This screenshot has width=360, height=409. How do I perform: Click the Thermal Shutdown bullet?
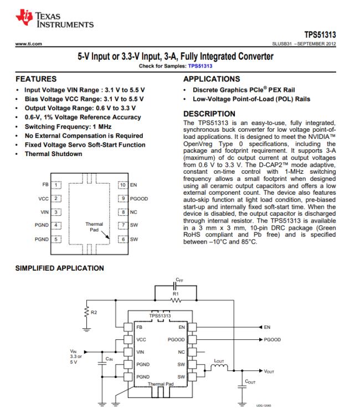pos(54,154)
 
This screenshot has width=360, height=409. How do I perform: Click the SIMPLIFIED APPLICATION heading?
pos(60,268)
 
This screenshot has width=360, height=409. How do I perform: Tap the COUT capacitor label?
pos(250,381)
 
